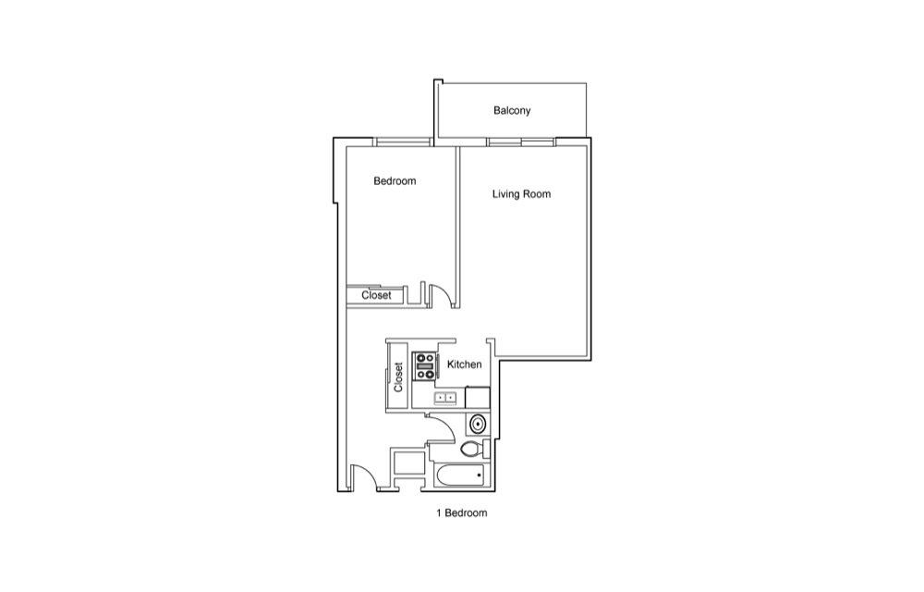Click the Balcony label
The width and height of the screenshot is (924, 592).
[x=512, y=110]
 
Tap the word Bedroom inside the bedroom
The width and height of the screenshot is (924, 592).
[x=395, y=181]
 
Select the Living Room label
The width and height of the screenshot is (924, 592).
[x=521, y=194]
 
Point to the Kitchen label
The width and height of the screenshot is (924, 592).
[x=465, y=364]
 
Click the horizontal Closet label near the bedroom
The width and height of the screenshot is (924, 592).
[x=376, y=295]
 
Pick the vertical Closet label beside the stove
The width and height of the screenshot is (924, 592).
[x=398, y=376]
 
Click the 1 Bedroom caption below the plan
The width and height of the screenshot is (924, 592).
[x=461, y=513]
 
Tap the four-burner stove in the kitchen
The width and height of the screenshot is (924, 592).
[x=424, y=365]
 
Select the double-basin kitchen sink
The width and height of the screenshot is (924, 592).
[x=445, y=398]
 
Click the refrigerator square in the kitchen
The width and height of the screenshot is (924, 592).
[x=478, y=398]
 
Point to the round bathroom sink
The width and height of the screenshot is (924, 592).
[x=478, y=424]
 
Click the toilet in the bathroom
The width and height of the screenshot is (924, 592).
[x=476, y=450]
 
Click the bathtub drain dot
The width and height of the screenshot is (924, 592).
[x=480, y=475]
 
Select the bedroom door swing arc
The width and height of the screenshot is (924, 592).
[x=446, y=295]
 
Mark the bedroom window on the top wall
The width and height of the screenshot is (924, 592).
[x=403, y=142]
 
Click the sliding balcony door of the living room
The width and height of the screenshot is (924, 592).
[x=521, y=142]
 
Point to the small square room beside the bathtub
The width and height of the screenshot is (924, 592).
[x=407, y=462]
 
